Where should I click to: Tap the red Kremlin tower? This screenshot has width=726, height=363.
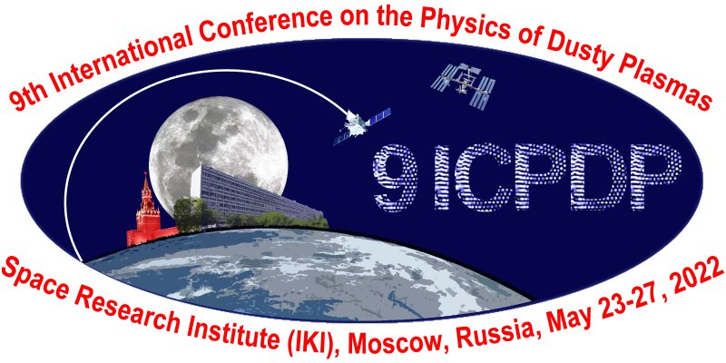coord(148,211)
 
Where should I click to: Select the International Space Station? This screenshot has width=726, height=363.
coord(461,84)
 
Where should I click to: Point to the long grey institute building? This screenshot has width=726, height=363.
coord(255,194)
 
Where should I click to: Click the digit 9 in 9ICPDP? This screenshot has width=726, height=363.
coord(396,176)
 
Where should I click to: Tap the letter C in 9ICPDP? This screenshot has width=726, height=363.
coord(477,175)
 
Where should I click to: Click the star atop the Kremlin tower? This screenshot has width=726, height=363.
coord(146,174)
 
